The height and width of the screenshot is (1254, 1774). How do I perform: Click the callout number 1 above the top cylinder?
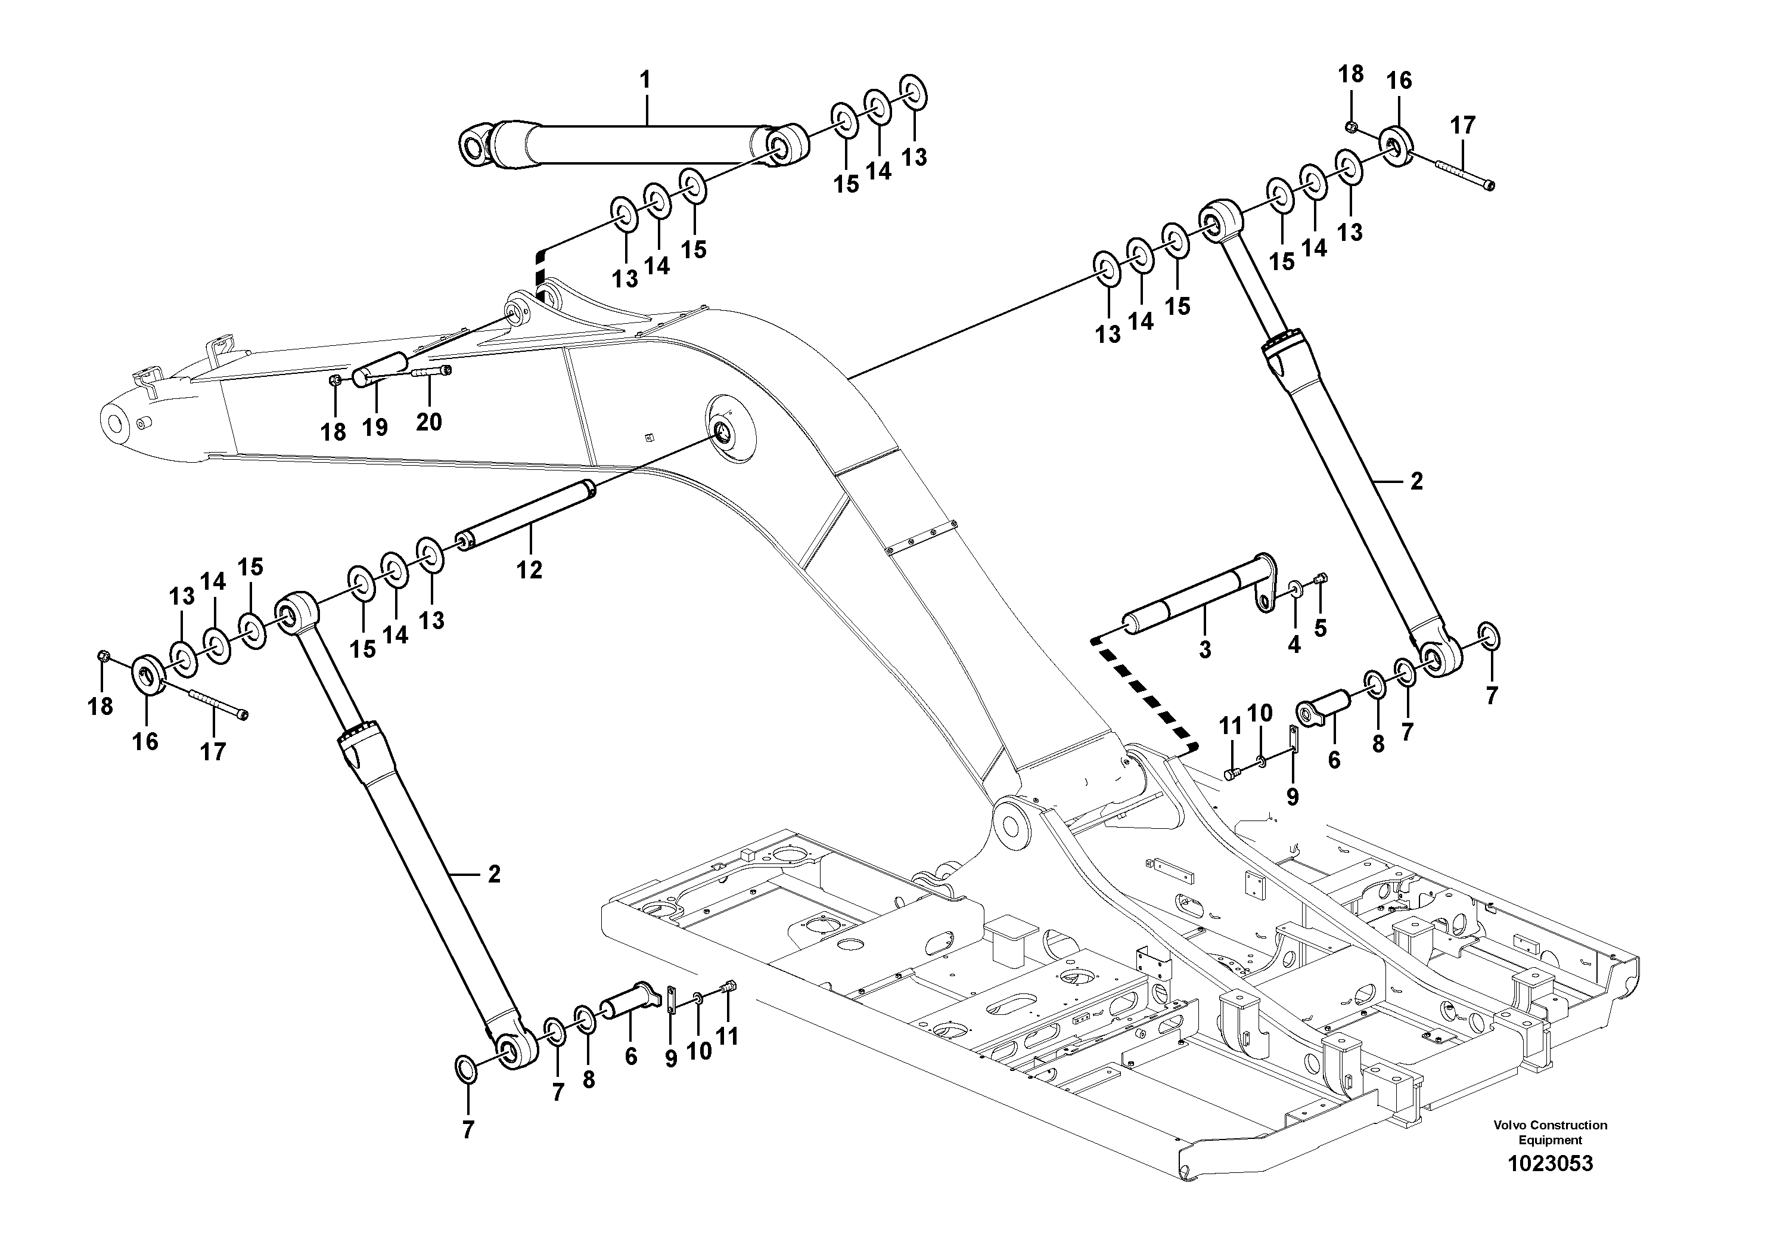(x=645, y=80)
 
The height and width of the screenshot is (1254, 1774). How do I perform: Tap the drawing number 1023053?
(x=1550, y=1163)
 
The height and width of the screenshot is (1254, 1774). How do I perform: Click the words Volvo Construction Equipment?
(x=1550, y=1132)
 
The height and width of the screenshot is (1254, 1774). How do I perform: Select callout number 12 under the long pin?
(x=529, y=570)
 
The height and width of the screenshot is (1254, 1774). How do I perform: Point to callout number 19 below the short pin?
(x=375, y=427)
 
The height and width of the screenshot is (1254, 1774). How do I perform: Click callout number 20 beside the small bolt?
(x=429, y=422)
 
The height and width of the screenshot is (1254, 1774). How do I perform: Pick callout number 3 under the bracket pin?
(x=1204, y=649)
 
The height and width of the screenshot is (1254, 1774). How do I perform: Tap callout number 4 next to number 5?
(x=1294, y=643)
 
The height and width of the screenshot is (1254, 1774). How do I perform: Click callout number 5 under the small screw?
(x=1321, y=628)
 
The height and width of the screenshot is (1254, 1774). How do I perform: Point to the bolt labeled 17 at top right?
(x=1465, y=175)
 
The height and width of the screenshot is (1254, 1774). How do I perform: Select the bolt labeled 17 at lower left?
(x=219, y=703)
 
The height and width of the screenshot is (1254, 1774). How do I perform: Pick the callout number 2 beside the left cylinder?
(x=494, y=874)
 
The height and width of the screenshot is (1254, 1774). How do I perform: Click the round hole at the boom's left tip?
(x=115, y=424)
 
